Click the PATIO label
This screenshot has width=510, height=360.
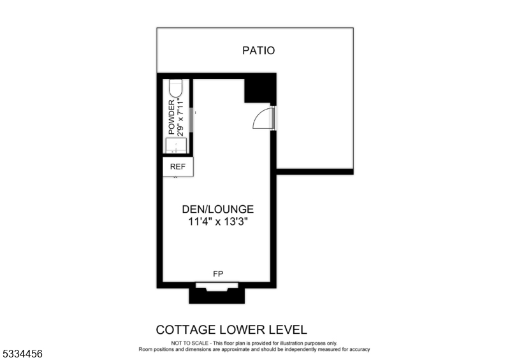pyautogui.click(x=258, y=50)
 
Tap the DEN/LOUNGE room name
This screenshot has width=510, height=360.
pyautogui.click(x=218, y=209)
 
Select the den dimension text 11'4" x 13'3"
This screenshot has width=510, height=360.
pyautogui.click(x=218, y=222)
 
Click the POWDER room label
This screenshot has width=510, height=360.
pyautogui.click(x=171, y=117)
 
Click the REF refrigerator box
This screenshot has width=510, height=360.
pyautogui.click(x=178, y=167)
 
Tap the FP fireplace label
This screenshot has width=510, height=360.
pyautogui.click(x=218, y=274)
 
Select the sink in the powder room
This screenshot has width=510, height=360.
pyautogui.click(x=177, y=146)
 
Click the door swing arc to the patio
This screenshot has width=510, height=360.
pyautogui.click(x=263, y=119)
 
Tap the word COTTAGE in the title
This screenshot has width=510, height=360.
pyautogui.click(x=184, y=330)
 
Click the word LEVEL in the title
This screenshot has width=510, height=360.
pyautogui.click(x=288, y=330)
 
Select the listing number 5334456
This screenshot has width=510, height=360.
pyautogui.click(x=22, y=352)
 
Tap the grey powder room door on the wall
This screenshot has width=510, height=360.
pyautogui.click(x=191, y=120)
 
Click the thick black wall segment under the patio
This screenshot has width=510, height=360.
pyautogui.click(x=314, y=171)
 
